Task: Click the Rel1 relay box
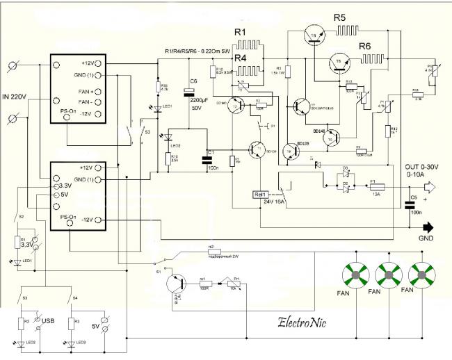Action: [262, 195]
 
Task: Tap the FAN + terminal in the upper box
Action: [88, 90]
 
